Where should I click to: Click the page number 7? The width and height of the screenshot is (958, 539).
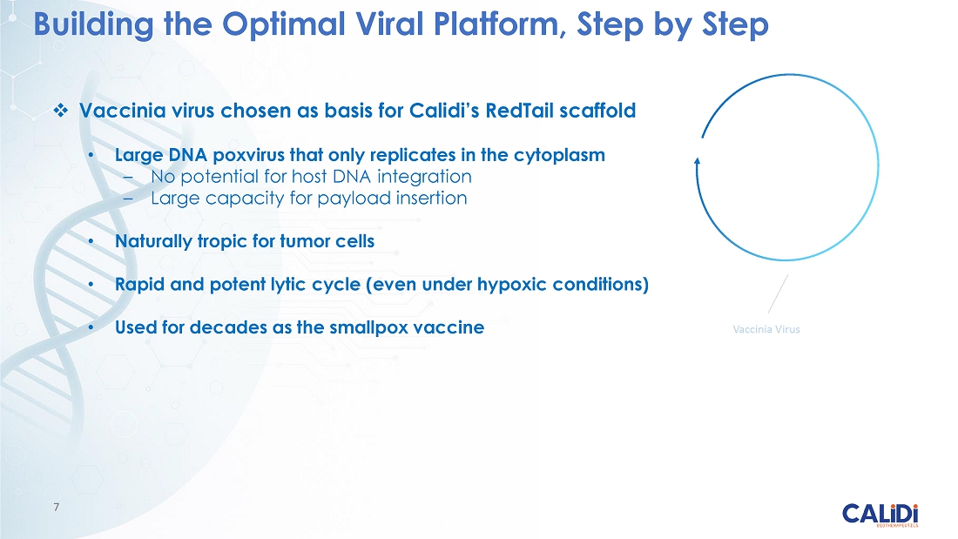tap(57, 507)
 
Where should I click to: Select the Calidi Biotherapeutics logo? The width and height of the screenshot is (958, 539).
tap(880, 515)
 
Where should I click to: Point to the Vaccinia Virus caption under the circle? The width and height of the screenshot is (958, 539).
tap(766, 329)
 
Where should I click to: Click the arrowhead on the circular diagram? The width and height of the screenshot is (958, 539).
tap(697, 161)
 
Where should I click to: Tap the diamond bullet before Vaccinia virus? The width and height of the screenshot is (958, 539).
tap(60, 111)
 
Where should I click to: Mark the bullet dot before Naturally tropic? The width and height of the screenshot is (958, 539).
tap(91, 241)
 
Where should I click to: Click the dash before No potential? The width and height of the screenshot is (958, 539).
tap(128, 178)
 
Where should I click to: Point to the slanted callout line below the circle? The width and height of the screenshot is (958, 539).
tap(778, 294)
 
